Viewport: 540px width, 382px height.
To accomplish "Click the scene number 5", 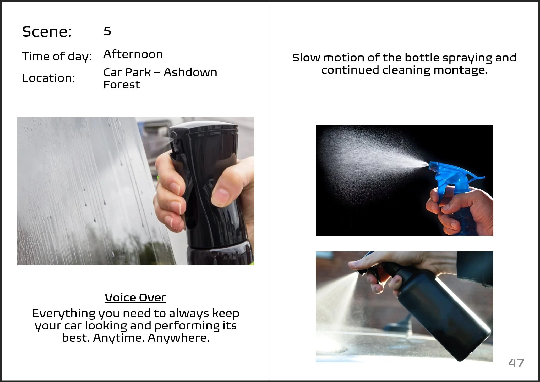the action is pyautogui.click(x=107, y=31).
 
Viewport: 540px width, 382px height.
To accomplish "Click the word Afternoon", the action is pyautogui.click(x=133, y=54).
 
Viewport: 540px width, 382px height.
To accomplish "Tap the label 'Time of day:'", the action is pyautogui.click(x=57, y=57).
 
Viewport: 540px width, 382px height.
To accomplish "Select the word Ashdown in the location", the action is pyautogui.click(x=190, y=72).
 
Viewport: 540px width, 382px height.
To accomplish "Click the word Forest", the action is pyautogui.click(x=122, y=85).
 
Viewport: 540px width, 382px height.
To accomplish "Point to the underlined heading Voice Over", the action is pyautogui.click(x=135, y=297).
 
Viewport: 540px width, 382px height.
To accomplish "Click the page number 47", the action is pyautogui.click(x=516, y=363).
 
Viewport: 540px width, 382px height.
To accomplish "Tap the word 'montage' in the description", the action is pyautogui.click(x=459, y=70).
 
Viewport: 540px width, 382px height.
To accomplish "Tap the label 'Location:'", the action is pyautogui.click(x=48, y=78).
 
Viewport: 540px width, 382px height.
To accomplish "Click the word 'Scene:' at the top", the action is pyautogui.click(x=47, y=32).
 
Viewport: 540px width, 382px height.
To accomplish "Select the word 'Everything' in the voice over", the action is pyautogui.click(x=64, y=313).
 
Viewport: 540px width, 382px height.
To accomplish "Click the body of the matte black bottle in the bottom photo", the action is pyautogui.click(x=443, y=314).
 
